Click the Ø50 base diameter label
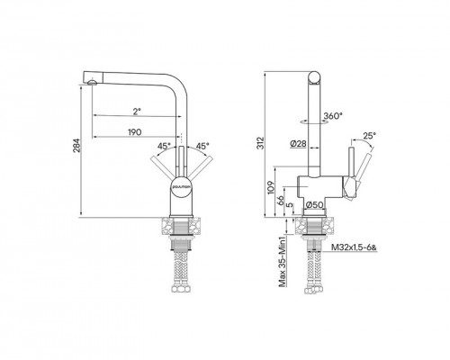click(314, 204)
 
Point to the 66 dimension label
click(281, 200)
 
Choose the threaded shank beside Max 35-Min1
click(316, 235)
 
